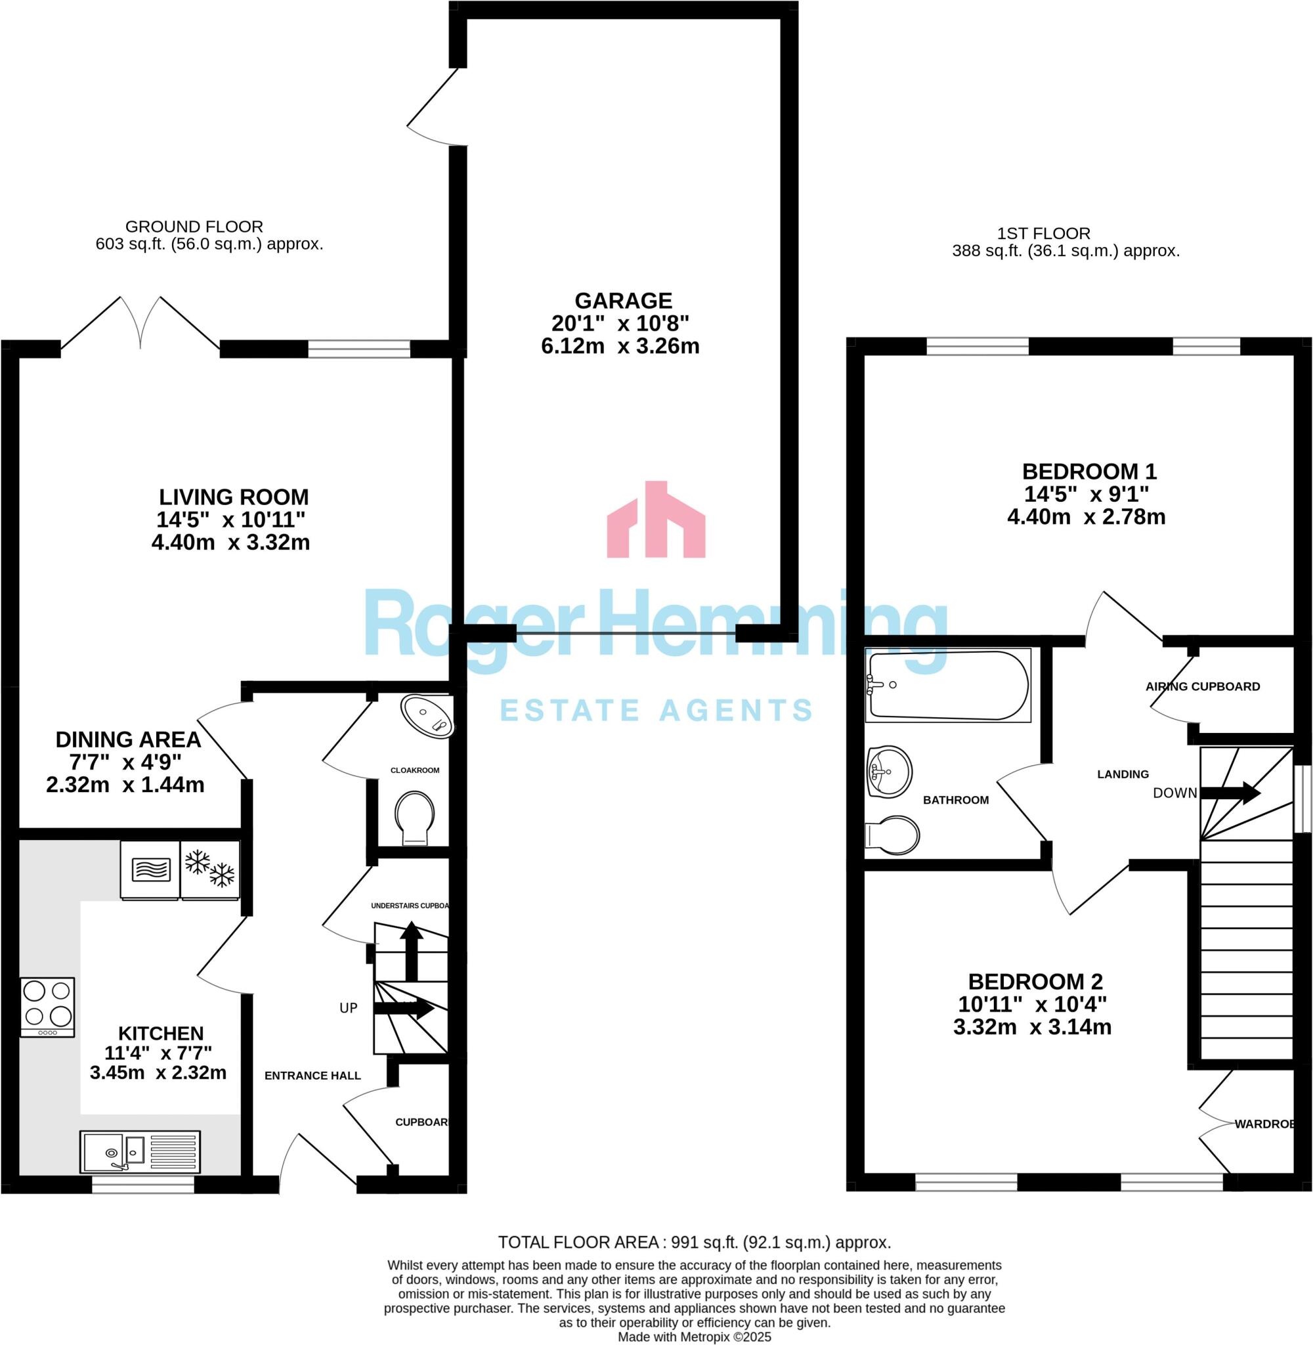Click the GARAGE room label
624,301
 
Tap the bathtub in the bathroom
947,685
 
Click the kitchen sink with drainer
140,1151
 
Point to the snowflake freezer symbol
210,869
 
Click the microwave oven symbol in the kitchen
150,869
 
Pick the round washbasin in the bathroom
889,771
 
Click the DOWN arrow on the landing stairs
1230,793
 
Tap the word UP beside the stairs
348,1007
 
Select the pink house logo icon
656,521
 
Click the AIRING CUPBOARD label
1203,686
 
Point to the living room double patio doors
140,324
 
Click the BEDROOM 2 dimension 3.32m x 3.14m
1031,1027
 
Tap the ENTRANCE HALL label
312,1075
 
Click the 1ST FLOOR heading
1043,233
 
